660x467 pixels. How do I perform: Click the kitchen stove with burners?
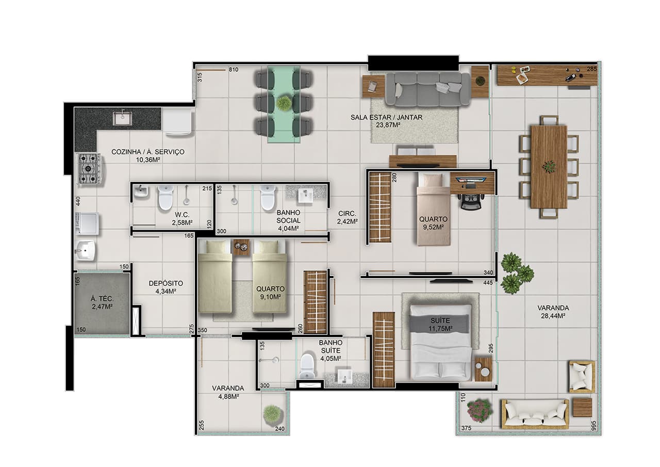[x=90, y=168]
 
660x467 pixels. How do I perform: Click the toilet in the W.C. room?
[x=166, y=197]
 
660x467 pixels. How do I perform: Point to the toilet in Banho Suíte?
[x=308, y=365]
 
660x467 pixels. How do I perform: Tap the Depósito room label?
[x=166, y=283]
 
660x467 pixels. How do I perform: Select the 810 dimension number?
[x=234, y=70]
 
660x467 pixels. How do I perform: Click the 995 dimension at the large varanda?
[x=593, y=426]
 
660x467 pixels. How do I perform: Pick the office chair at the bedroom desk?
[x=471, y=201]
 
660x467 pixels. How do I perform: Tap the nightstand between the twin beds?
[x=241, y=247]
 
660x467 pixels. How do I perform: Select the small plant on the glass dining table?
[x=284, y=103]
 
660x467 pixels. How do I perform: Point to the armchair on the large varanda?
[x=582, y=377]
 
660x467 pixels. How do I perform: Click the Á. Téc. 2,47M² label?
[x=102, y=303]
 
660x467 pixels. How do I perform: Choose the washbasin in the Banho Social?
[x=305, y=195]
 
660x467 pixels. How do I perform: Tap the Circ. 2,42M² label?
[x=348, y=217]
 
